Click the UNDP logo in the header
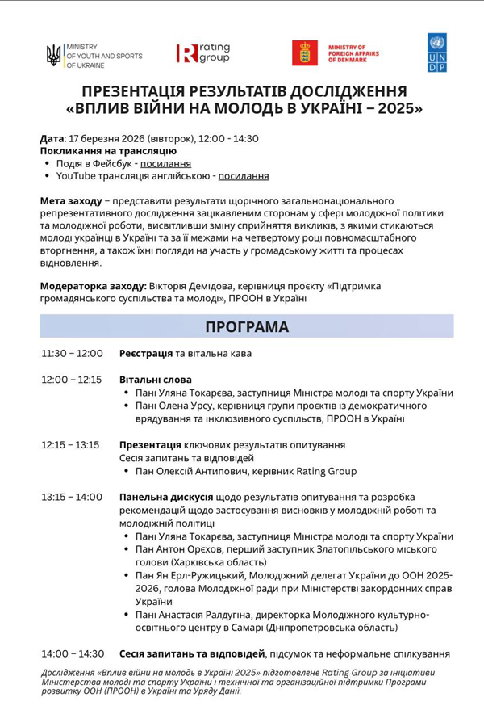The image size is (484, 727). pos(436,53)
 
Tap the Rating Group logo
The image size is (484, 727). pos(203,53)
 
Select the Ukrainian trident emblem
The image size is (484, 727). pos(54,55)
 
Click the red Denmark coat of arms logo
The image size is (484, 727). pos(305,53)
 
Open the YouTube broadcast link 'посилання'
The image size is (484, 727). pos(244,175)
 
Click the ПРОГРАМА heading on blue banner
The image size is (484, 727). pos(247,326)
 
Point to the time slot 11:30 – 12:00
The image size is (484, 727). pos(72,354)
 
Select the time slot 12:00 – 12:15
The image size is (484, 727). pos(72,380)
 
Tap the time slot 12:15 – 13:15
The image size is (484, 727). pos(72,445)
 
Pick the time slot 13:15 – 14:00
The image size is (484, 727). pos(72,497)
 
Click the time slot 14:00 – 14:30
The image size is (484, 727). pos(73,653)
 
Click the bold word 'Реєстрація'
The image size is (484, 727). pos(146,354)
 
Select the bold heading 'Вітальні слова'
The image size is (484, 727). pos(156,380)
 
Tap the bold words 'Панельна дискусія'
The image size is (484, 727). pos(165,497)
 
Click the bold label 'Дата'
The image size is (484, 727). pos(51,138)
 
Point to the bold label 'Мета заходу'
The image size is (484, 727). pos(71,200)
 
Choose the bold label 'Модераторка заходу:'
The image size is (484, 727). pos(93,286)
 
